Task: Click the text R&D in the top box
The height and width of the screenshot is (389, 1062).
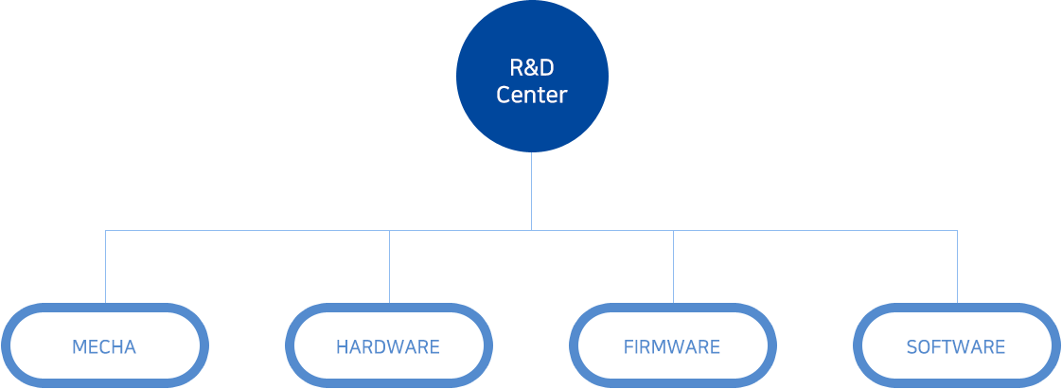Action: pos(531,68)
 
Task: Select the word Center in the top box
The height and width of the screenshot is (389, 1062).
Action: pos(531,95)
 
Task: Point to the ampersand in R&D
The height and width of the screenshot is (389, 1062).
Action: pos(531,68)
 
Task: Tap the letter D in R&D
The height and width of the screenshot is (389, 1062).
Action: pos(545,68)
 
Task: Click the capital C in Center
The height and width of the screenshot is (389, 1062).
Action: pos(503,95)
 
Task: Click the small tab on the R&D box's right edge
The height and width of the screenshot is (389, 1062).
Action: pos(600,76)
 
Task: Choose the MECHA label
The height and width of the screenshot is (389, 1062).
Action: pos(104,346)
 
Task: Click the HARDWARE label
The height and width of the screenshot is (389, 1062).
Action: pos(388,346)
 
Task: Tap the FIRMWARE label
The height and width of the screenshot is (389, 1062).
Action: pos(672,346)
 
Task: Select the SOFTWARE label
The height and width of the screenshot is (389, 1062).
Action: pos(956,346)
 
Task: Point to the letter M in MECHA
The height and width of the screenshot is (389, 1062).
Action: pos(79,346)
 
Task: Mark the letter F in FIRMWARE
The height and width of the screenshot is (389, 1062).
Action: pos(628,346)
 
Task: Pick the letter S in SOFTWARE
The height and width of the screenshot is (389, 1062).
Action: pos(912,346)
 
